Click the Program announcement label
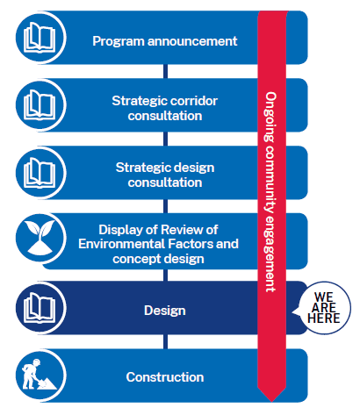pyautogui.click(x=165, y=41)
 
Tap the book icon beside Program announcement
pyautogui.click(x=40, y=38)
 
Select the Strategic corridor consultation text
pyautogui.click(x=165, y=108)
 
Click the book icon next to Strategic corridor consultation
pyautogui.click(x=40, y=104)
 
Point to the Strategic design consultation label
pyautogui.click(x=165, y=175)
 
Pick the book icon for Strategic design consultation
pyautogui.click(x=40, y=172)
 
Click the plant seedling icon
pyautogui.click(x=40, y=238)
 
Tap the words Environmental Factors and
pyautogui.click(x=158, y=244)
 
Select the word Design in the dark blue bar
pyautogui.click(x=165, y=311)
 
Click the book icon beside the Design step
pyautogui.click(x=40, y=308)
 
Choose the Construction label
pyautogui.click(x=165, y=377)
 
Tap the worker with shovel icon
pyautogui.click(x=39, y=375)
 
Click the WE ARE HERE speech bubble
pyautogui.click(x=323, y=308)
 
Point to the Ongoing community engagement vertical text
pyautogui.click(x=271, y=192)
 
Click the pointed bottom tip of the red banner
pyautogui.click(x=271, y=402)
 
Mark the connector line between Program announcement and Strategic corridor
pyautogui.click(x=165, y=71)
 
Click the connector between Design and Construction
pyautogui.click(x=165, y=341)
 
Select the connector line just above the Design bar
pyautogui.click(x=165, y=275)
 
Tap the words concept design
pyautogui.click(x=158, y=259)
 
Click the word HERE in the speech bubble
pyautogui.click(x=324, y=318)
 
